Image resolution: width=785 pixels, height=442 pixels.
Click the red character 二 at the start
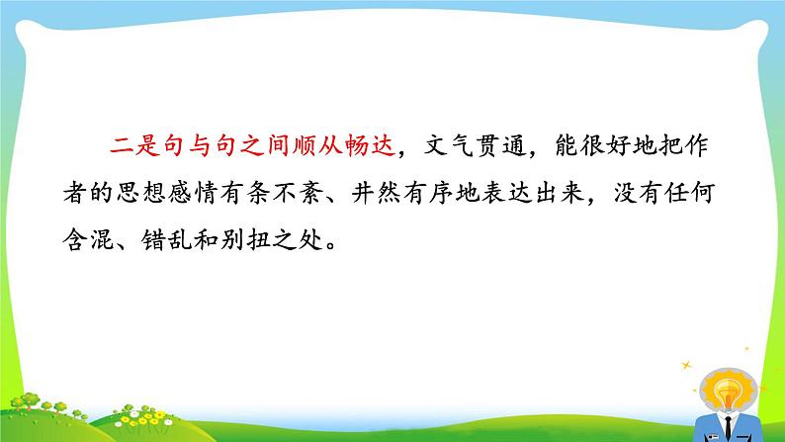(x=122, y=145)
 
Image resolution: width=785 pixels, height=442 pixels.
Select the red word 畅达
(x=371, y=145)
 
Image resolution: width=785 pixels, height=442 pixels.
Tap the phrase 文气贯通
(x=475, y=145)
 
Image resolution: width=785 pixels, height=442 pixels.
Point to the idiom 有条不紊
(x=271, y=193)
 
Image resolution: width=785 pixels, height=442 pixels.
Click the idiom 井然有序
(x=401, y=193)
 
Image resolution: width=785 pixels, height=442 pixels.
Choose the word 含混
(x=88, y=240)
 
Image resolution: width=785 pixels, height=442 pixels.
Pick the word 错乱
(x=167, y=240)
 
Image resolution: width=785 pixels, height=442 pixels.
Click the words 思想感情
(x=167, y=193)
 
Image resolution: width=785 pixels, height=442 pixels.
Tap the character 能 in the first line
(x=567, y=145)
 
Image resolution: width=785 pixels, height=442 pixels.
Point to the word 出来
(x=560, y=193)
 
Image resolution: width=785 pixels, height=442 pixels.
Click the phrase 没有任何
(x=663, y=193)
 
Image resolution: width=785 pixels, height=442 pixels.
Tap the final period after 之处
(x=331, y=246)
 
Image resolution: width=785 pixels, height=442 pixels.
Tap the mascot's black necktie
(x=728, y=428)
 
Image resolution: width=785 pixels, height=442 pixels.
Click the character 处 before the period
(x=310, y=240)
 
